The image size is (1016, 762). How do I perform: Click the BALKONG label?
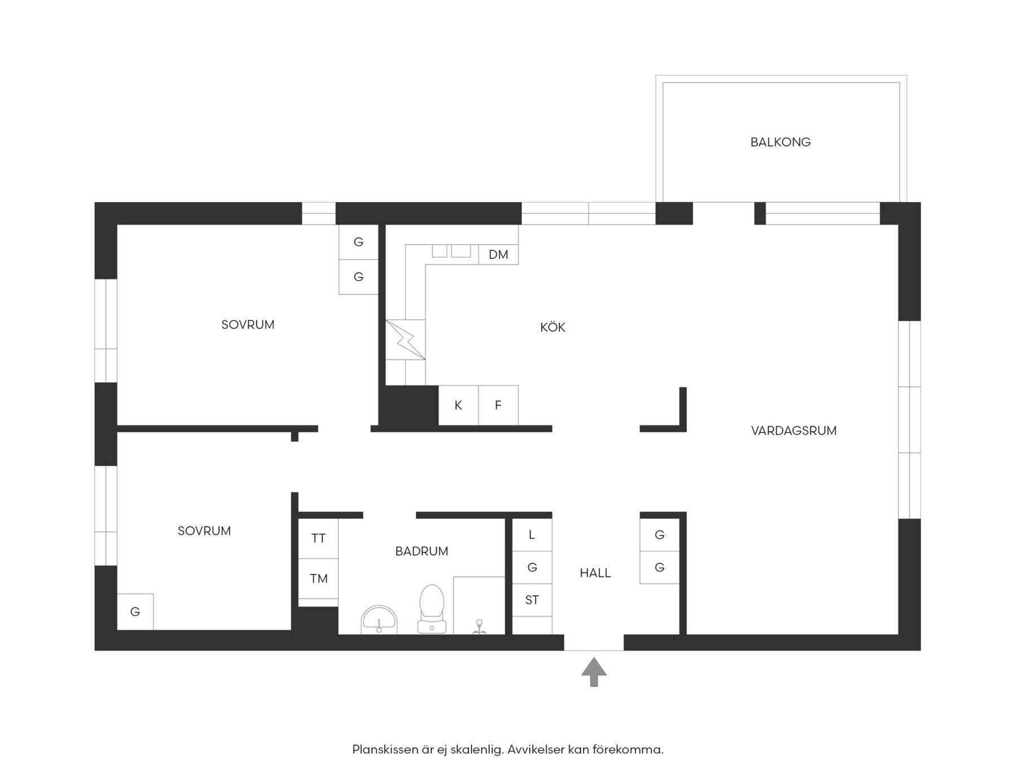coord(780,142)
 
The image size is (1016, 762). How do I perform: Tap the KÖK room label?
coord(553,327)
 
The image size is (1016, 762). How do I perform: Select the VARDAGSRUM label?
coord(794,431)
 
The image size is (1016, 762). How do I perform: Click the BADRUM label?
coord(422,551)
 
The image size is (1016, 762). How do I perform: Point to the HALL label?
coord(595,573)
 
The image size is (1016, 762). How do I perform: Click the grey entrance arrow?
coord(594,672)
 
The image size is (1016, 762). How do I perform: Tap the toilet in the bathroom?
coord(432,609)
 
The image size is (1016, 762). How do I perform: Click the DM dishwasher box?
coord(498,255)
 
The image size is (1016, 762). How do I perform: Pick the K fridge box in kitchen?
coord(458,405)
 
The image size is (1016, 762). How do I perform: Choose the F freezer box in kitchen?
coord(498,405)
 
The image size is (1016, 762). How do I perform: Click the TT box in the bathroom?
coord(318,538)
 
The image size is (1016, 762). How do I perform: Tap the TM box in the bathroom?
coord(318,579)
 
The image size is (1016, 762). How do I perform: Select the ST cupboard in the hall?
coord(532,600)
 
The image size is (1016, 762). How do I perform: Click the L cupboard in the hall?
coord(532,535)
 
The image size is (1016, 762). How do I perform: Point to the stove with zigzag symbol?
coord(405,340)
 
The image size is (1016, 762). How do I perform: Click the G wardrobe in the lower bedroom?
coord(135,611)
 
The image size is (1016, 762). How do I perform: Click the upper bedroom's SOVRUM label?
coord(248,325)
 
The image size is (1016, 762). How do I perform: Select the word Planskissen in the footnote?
coord(385,750)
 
